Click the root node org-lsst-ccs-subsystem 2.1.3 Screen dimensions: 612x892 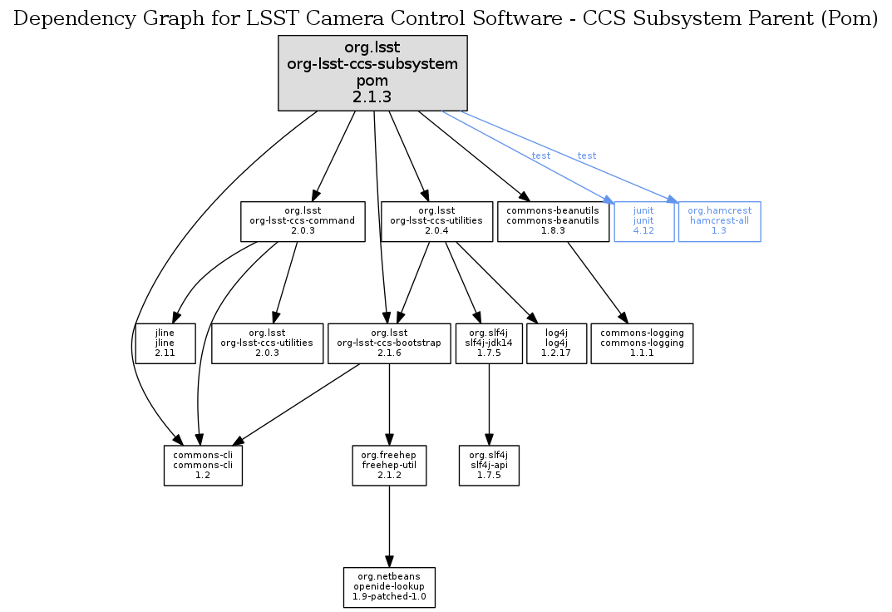(x=372, y=73)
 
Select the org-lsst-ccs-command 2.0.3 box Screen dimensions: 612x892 (x=303, y=221)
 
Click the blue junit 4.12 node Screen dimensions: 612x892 (x=643, y=221)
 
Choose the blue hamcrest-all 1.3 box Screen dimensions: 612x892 (x=719, y=221)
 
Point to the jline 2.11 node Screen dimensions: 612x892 (x=165, y=343)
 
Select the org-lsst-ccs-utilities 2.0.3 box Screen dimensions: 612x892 (x=267, y=343)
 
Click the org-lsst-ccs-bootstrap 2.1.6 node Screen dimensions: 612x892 (x=389, y=343)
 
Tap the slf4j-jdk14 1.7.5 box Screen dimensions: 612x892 (x=489, y=343)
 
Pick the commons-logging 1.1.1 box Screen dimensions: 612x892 (x=642, y=343)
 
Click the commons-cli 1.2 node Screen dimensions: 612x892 (x=203, y=465)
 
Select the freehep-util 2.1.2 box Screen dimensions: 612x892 (x=390, y=465)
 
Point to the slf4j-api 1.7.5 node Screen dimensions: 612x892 (x=489, y=465)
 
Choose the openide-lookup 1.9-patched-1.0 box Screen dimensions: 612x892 (x=390, y=587)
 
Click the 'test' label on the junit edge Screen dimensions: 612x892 (x=540, y=156)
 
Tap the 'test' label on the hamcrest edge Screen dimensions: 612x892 (x=587, y=156)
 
